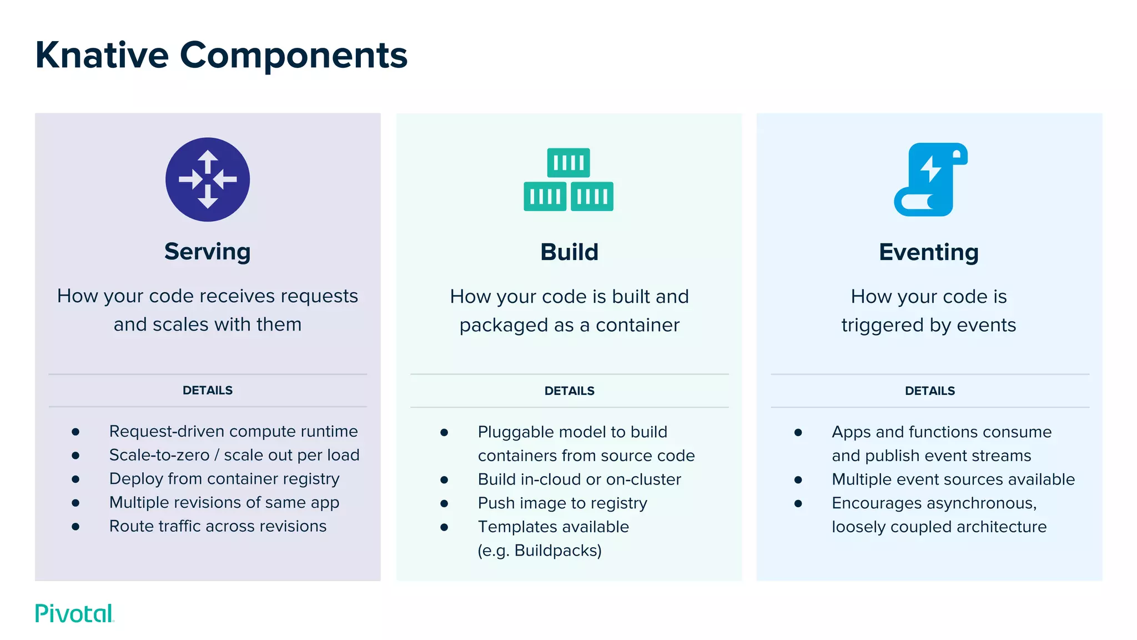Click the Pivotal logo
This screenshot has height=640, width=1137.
coord(74,613)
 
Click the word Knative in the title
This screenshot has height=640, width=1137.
coord(102,56)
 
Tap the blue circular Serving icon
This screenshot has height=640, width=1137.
coord(208,179)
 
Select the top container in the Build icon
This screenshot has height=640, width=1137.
coord(568,162)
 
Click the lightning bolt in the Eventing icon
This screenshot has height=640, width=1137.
coord(930,168)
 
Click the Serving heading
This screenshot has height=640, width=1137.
coord(208,252)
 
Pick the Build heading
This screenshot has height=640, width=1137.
coord(569,252)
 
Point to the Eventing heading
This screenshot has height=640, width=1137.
coord(929,252)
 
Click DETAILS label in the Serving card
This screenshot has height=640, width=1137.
coord(208,391)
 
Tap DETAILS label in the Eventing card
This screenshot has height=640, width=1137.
coord(930,391)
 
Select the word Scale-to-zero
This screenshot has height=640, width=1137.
coord(159,455)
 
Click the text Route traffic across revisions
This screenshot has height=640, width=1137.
coord(218,526)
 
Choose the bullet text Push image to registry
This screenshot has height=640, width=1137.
coord(562,503)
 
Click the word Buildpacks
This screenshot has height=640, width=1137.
coord(557,551)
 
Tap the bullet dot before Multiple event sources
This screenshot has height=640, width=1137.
coord(798,479)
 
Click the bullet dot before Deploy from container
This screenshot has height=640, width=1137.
coord(76,479)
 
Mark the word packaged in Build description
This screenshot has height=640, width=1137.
coord(496,326)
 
